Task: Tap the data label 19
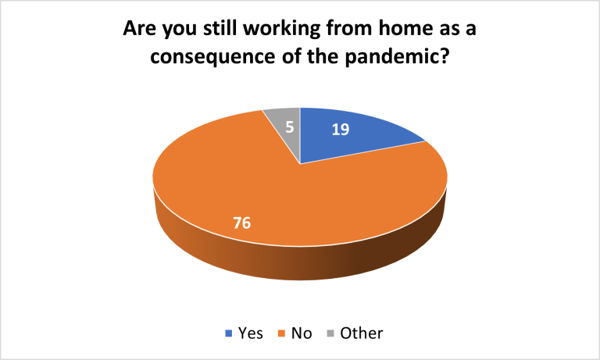pyautogui.click(x=340, y=130)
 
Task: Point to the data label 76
pyautogui.click(x=242, y=223)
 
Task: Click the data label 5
pyautogui.click(x=290, y=127)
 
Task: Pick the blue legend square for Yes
pyautogui.click(x=228, y=333)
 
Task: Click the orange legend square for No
pyautogui.click(x=281, y=333)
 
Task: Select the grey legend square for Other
pyautogui.click(x=330, y=333)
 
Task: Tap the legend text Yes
pyautogui.click(x=251, y=333)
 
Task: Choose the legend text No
pyautogui.click(x=302, y=333)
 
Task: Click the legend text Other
pyautogui.click(x=361, y=333)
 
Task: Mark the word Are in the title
pyautogui.click(x=140, y=28)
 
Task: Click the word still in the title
pyautogui.click(x=220, y=28)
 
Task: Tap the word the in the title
pyautogui.click(x=322, y=57)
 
